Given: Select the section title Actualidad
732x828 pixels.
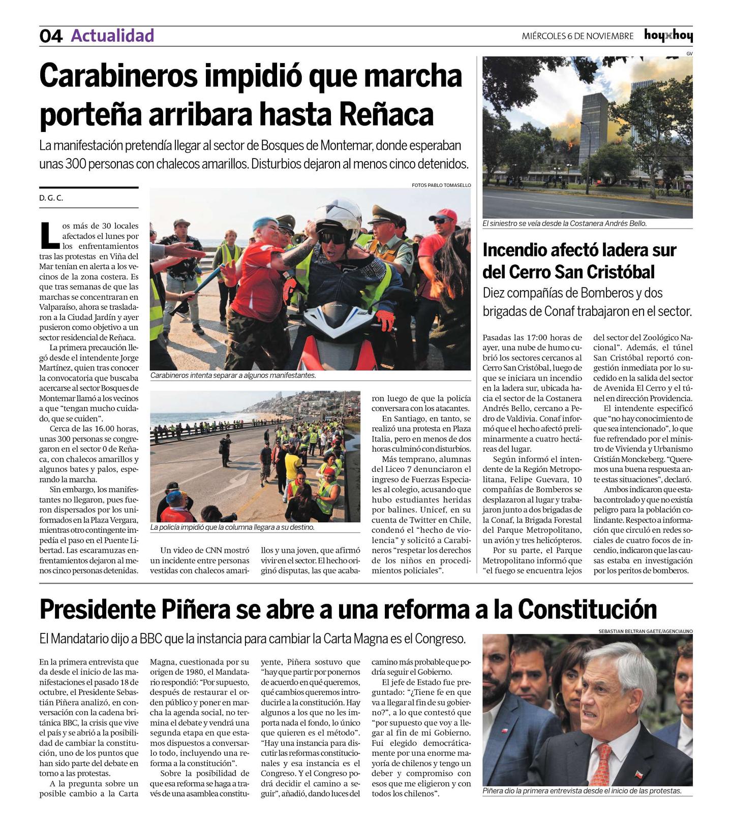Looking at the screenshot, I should (112, 36).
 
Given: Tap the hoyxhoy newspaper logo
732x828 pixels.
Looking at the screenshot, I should (668, 36).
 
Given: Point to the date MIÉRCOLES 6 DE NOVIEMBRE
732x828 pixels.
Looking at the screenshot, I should (577, 36).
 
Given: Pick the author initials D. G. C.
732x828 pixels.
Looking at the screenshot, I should (51, 198).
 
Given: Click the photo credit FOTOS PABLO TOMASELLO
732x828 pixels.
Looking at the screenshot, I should (441, 185).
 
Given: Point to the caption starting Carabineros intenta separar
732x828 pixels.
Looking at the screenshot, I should (233, 376).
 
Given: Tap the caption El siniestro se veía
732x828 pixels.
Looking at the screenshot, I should (564, 224).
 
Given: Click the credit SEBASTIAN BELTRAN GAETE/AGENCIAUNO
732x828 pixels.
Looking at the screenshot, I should (646, 631).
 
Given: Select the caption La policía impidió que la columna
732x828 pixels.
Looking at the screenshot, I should (232, 527).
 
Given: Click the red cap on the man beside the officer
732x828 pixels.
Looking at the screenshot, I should (445, 214).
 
